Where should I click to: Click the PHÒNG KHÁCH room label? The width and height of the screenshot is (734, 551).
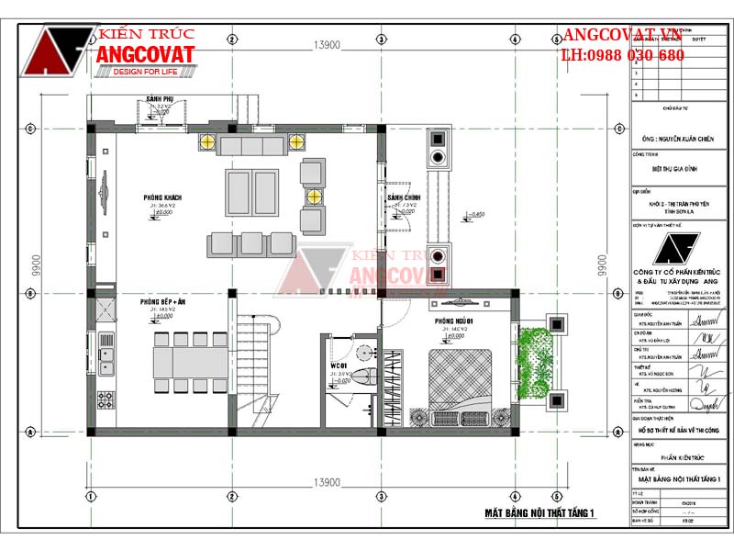[x=161, y=198]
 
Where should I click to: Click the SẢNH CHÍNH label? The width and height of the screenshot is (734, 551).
[x=403, y=197]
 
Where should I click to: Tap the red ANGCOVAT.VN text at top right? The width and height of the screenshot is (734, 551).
[x=625, y=36]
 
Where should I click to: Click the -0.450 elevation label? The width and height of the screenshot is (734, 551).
[x=475, y=215]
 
